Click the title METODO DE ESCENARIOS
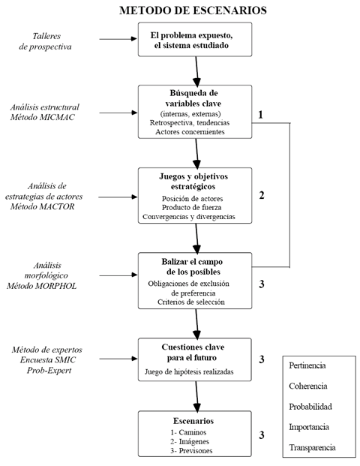pos(193,11)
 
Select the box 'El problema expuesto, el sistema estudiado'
pos(195,39)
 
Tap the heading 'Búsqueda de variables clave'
pos(193,98)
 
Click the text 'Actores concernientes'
pos(190,131)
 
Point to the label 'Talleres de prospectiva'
pos(46,41)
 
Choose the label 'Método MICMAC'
pos(43,117)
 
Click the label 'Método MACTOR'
pos(43,206)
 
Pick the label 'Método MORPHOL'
pos(41,286)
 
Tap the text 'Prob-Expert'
pos(49,370)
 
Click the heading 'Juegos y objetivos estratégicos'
pos(193,182)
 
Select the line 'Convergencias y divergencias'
pos(189,217)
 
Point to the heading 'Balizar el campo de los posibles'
pos(193,266)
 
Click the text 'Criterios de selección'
pos(191,302)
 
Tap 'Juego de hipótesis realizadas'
pos(189,371)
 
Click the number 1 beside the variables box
pos(260,115)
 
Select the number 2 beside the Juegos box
pos(262,195)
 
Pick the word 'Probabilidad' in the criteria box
pos(310,407)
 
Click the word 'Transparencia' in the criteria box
pos(312,447)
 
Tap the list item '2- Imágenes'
pos(190,442)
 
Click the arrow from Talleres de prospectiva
pos(118,38)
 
